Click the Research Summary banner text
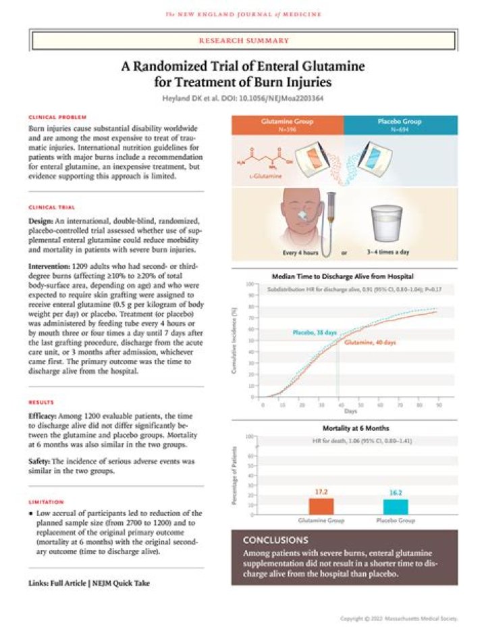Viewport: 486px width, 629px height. click(x=244, y=41)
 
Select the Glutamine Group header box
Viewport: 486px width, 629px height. click(x=287, y=126)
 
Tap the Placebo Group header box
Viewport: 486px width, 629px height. click(x=400, y=126)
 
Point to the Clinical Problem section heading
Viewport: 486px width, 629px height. click(x=52, y=117)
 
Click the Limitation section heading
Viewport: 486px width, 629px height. click(x=47, y=502)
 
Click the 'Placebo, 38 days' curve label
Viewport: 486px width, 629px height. click(x=314, y=332)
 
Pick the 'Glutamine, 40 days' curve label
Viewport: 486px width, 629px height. click(x=371, y=343)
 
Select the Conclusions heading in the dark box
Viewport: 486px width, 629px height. click(x=275, y=540)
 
